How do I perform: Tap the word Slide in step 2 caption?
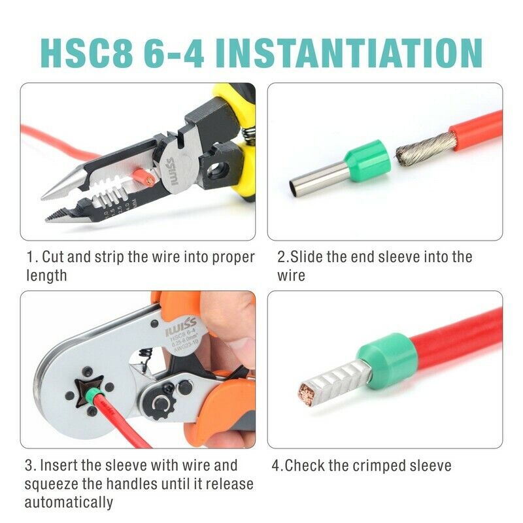(307, 257)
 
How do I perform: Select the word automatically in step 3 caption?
(69, 503)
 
